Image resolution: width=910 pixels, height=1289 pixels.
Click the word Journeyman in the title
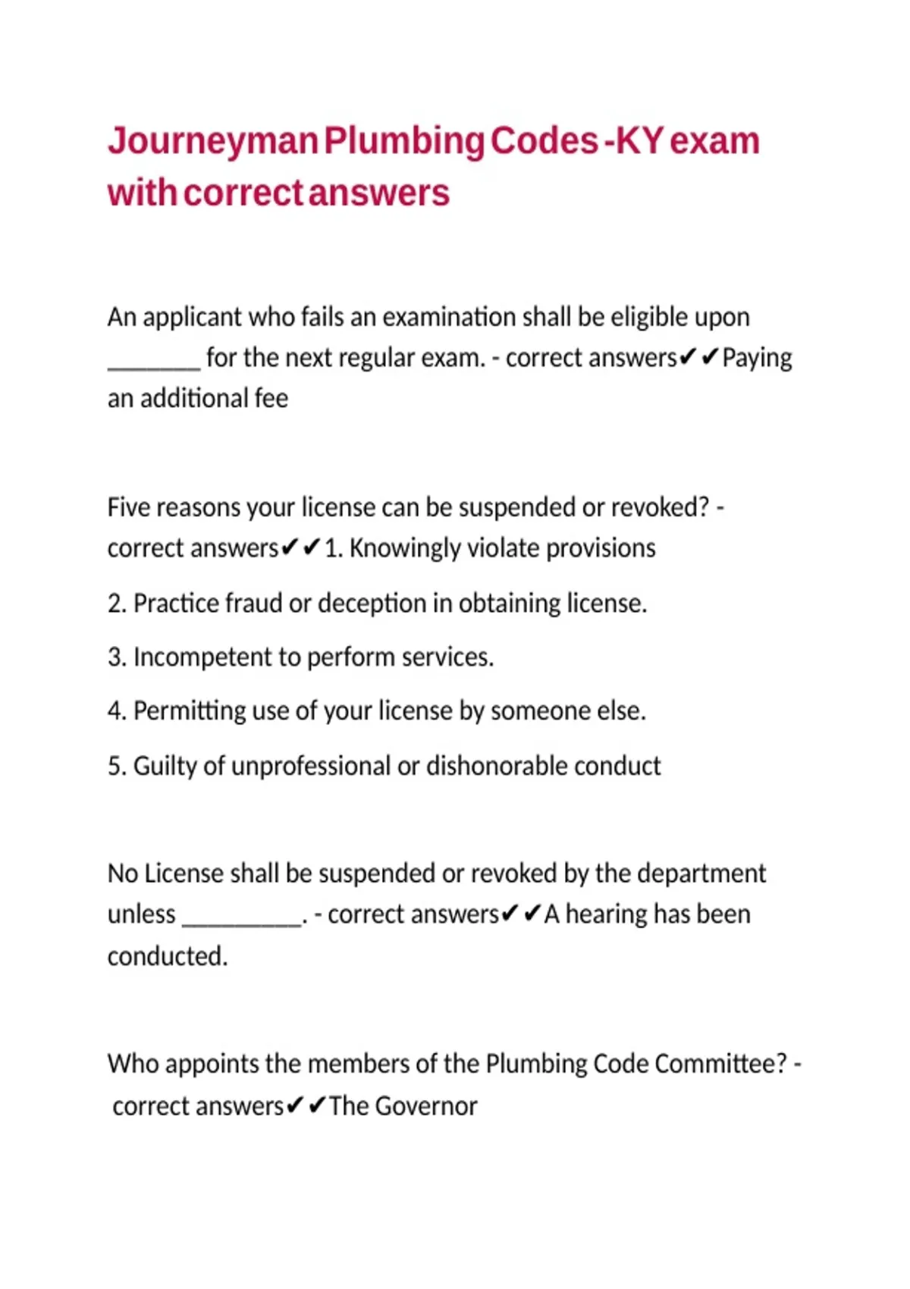tap(213, 143)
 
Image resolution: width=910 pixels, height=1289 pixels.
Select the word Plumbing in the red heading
tap(404, 143)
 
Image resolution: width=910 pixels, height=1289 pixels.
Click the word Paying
tap(757, 358)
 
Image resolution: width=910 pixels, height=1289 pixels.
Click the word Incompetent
tap(200, 657)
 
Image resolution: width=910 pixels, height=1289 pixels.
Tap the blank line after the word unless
tap(242, 921)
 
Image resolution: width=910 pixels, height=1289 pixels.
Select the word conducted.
tap(167, 956)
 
